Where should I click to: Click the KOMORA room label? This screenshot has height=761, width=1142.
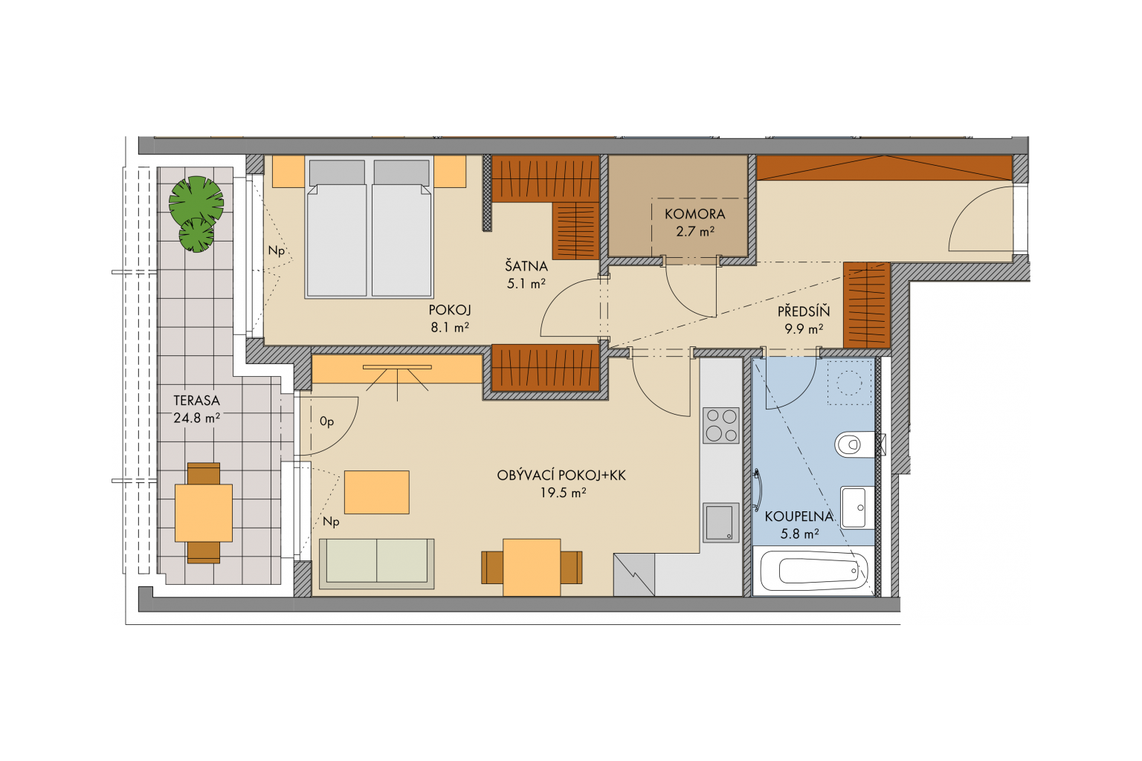[x=694, y=214]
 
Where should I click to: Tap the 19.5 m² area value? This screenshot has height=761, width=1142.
[x=563, y=493]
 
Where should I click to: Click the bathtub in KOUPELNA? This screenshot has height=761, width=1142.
[x=813, y=571]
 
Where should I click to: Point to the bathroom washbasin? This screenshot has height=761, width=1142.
[x=857, y=508]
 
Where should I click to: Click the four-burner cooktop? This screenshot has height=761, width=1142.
[x=721, y=425]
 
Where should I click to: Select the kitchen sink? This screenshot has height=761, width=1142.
[x=721, y=522]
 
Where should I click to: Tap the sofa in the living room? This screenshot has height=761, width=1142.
[x=377, y=564]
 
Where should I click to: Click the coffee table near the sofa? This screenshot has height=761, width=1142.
[x=377, y=493]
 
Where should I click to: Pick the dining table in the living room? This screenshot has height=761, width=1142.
[x=532, y=567]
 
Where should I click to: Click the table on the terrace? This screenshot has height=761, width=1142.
[x=204, y=513]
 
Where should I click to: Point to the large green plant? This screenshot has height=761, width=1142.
[x=196, y=201]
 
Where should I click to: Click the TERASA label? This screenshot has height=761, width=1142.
[x=196, y=401]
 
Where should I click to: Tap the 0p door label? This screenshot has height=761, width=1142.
[x=327, y=421]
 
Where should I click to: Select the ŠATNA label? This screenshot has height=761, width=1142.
[x=526, y=265]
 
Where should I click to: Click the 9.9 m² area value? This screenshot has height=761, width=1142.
[x=804, y=329]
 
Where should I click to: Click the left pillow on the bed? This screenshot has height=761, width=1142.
[x=337, y=172]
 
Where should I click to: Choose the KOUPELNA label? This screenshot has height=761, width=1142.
[x=799, y=516]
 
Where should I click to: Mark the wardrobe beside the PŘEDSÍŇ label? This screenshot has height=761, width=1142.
[x=867, y=305]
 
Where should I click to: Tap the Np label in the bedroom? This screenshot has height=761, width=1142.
[x=277, y=250]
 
